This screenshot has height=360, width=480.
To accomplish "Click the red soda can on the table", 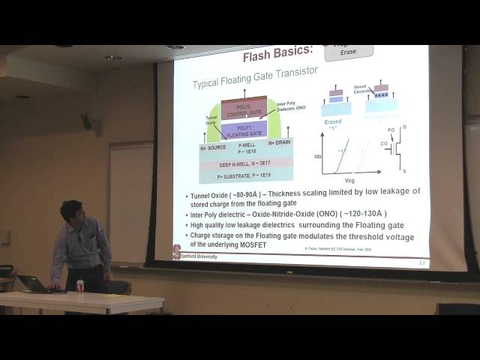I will [x=80, y=286].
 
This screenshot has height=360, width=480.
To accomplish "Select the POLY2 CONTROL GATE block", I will [x=244, y=109].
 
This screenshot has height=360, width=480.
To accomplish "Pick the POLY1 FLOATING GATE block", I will [x=244, y=130].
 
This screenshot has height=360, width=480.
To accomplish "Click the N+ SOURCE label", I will [x=213, y=148].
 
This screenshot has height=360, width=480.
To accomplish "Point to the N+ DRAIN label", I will [x=278, y=142].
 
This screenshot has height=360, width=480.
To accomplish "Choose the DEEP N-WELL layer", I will [x=244, y=163].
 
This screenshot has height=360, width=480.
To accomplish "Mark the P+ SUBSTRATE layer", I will [x=244, y=175].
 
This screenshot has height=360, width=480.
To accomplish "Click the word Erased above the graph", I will [x=333, y=121].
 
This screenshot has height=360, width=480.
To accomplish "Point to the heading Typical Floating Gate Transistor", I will [x=255, y=70].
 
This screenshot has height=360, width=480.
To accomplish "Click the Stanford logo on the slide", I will [x=177, y=253].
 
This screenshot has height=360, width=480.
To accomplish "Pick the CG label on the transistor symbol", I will [x=384, y=142].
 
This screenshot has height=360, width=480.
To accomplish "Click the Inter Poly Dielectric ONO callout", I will [x=291, y=107].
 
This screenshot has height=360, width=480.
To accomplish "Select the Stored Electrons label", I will [x=361, y=89].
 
